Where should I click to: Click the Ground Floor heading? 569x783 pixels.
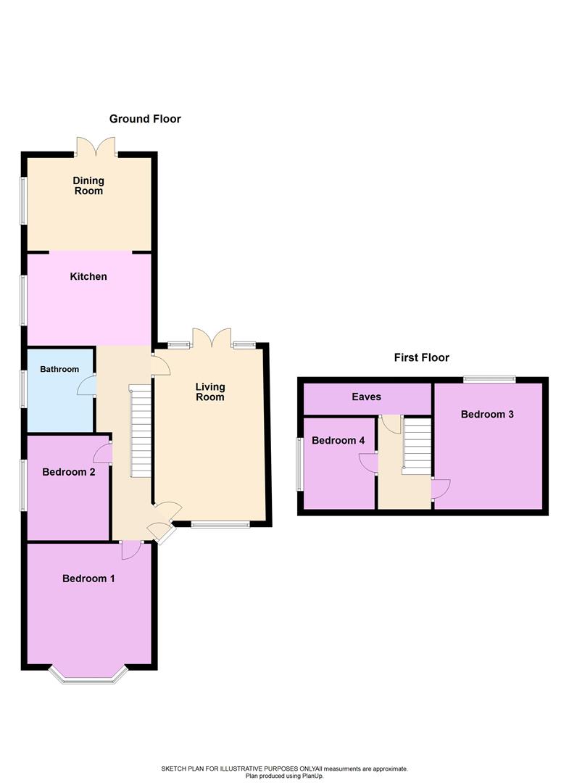click(x=145, y=119)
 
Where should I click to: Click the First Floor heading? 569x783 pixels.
click(x=421, y=357)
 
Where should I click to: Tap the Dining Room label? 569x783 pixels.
click(x=88, y=186)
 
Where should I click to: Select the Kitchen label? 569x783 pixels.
click(x=88, y=276)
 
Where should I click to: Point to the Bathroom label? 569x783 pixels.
click(x=59, y=369)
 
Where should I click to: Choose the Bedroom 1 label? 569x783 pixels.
click(x=88, y=579)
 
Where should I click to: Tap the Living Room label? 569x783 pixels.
click(x=210, y=391)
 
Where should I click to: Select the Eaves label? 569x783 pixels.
click(x=366, y=397)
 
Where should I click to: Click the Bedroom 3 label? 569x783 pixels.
click(x=487, y=415)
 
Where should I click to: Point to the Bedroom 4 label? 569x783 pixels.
click(x=338, y=441)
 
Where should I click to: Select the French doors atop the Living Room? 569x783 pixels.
click(x=212, y=337)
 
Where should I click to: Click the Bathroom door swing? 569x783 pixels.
click(x=88, y=385)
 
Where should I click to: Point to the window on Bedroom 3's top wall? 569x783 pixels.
click(x=489, y=378)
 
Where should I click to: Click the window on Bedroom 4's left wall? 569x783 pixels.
click(x=299, y=464)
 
